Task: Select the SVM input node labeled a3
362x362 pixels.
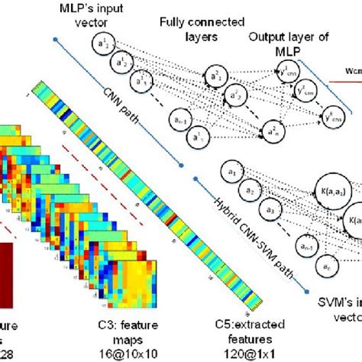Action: (269, 210)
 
